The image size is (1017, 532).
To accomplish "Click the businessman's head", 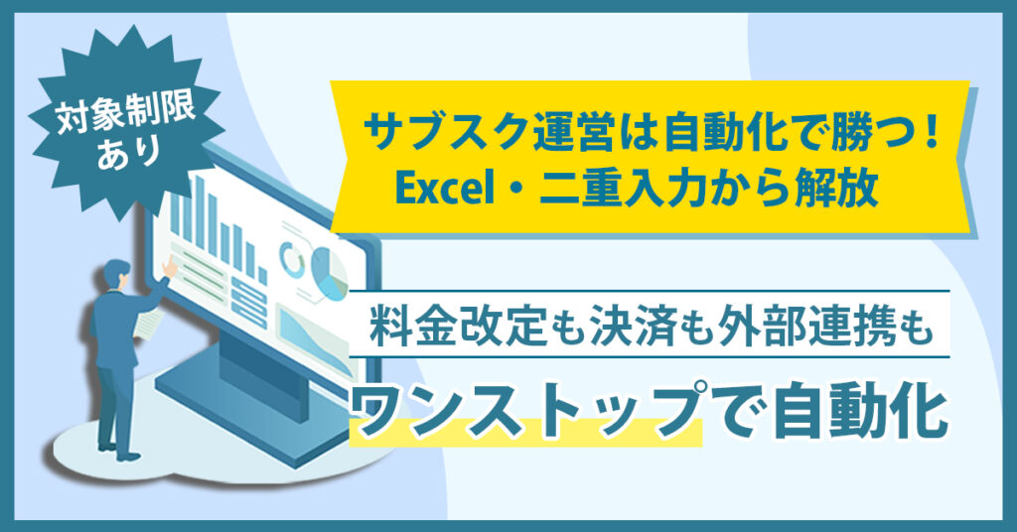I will tap(117, 273).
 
